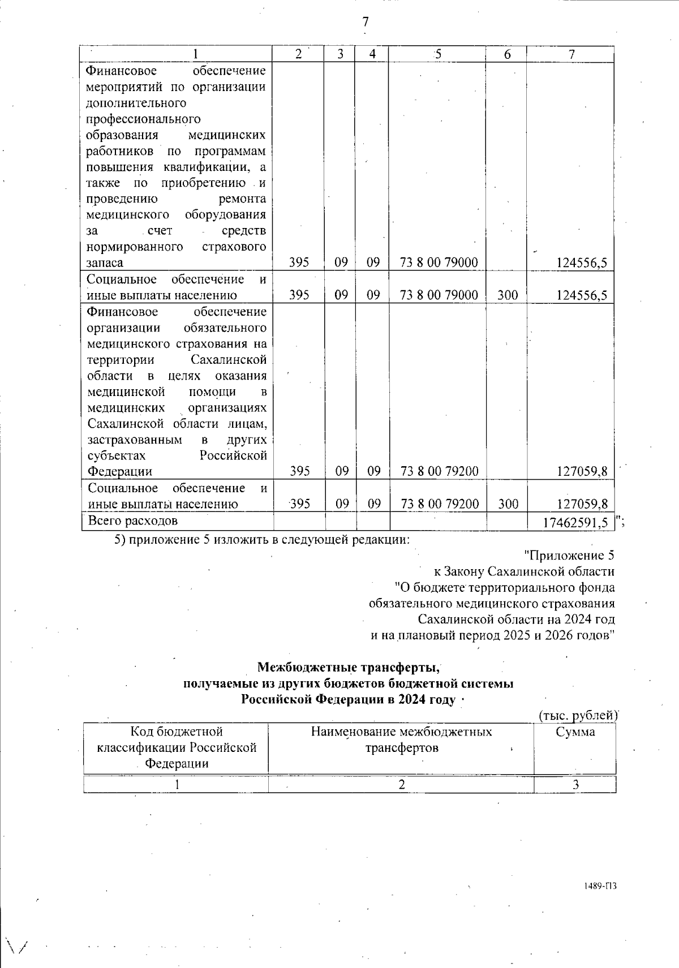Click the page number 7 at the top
[366, 22]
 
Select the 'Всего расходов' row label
[133, 520]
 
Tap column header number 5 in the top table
[437, 54]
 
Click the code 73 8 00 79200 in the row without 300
[439, 471]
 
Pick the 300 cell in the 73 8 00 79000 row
[506, 295]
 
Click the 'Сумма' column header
[575, 732]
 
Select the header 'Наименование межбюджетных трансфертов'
[401, 740]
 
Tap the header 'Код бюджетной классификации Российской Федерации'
[177, 747]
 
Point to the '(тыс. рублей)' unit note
[576, 716]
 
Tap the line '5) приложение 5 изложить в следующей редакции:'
[262, 539]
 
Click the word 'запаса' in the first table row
[105, 263]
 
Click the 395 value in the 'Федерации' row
[299, 471]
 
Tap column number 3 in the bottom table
[575, 785]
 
